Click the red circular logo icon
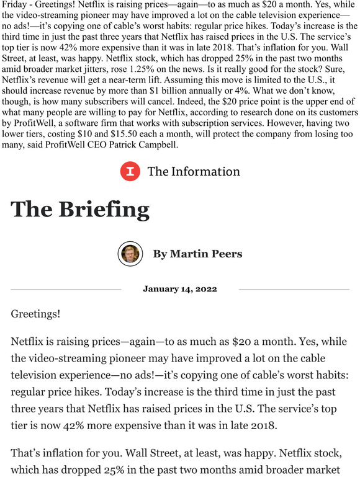tap(129, 171)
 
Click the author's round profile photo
tap(130, 253)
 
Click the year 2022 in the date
tap(204, 289)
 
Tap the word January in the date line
tap(161, 289)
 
